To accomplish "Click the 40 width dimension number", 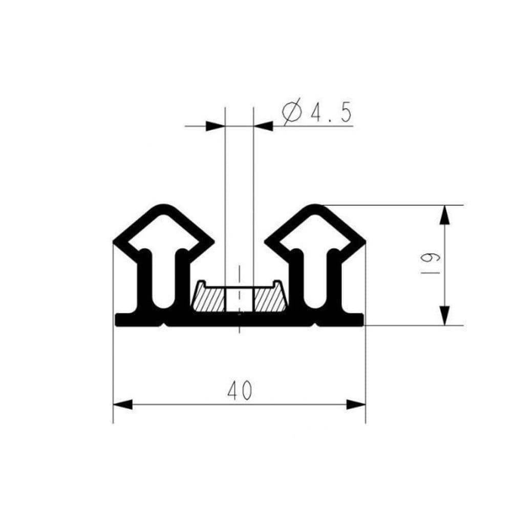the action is (240, 390).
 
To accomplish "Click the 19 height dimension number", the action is (431, 263).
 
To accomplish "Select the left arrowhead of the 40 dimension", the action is (123, 404).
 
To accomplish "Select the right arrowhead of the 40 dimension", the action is (356, 404).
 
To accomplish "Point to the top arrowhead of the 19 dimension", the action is (444, 215).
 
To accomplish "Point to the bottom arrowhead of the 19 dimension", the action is (444, 316).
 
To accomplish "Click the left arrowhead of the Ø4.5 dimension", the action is (216, 126).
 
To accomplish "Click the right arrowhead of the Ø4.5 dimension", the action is (263, 126).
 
